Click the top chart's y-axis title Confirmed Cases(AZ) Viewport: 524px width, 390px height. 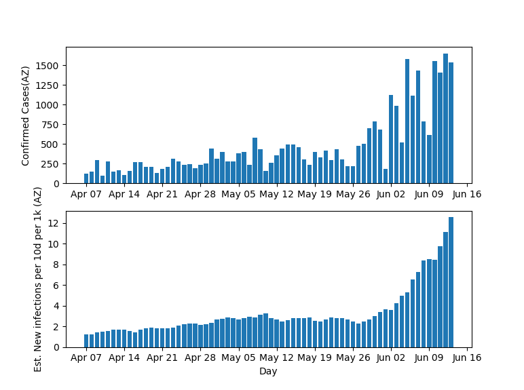pyautogui.click(x=26, y=115)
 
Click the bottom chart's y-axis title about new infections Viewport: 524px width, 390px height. pyautogui.click(x=39, y=279)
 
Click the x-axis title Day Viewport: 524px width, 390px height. pyautogui.click(x=268, y=371)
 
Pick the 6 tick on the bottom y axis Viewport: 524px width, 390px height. pyautogui.click(x=57, y=286)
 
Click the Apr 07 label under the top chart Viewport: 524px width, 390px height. pyautogui.click(x=86, y=194)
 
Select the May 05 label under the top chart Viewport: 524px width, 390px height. pyautogui.click(x=238, y=194)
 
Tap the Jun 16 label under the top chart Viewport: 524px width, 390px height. pyautogui.click(x=467, y=194)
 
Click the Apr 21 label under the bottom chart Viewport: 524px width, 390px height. pyautogui.click(x=162, y=358)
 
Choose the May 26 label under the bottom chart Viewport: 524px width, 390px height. pyautogui.click(x=353, y=358)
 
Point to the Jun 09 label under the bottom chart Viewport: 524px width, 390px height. pyautogui.click(x=429, y=358)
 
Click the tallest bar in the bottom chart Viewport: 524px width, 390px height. pyautogui.click(x=451, y=282)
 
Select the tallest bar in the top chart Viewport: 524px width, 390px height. pyautogui.click(x=445, y=119)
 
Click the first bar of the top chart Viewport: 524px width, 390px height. pyautogui.click(x=86, y=178)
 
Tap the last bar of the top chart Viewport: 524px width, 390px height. pyautogui.click(x=451, y=123)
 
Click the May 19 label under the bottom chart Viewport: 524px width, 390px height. pyautogui.click(x=315, y=358)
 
